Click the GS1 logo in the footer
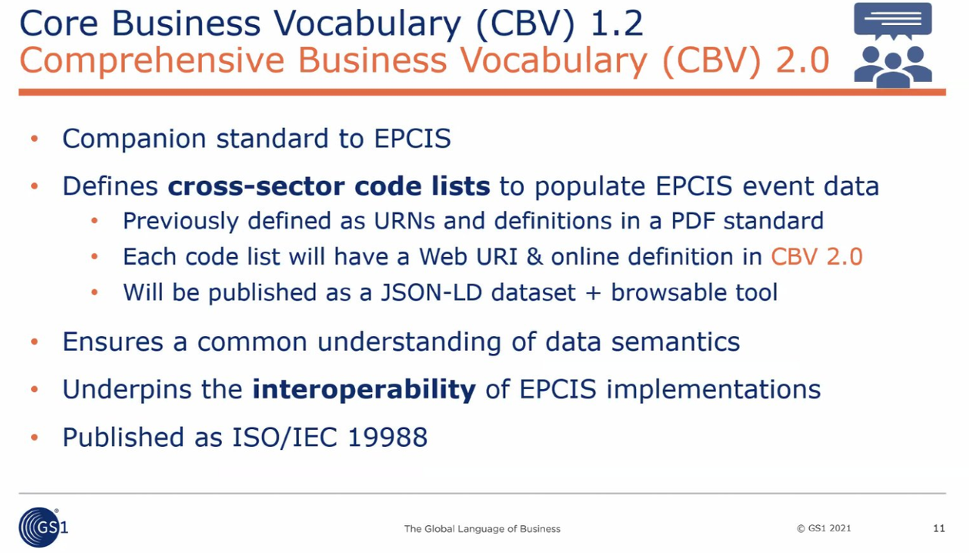(x=43, y=527)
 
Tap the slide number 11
(x=939, y=528)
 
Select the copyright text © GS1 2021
(x=824, y=528)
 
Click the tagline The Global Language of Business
(x=482, y=528)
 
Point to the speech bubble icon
(x=893, y=20)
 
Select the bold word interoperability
(x=364, y=389)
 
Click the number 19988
(x=388, y=437)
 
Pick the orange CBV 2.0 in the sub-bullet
(x=817, y=256)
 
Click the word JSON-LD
(x=432, y=292)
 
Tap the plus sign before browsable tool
(x=593, y=294)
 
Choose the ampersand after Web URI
(x=534, y=256)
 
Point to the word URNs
(x=404, y=221)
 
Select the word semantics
(x=675, y=342)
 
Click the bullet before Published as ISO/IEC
(x=35, y=437)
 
